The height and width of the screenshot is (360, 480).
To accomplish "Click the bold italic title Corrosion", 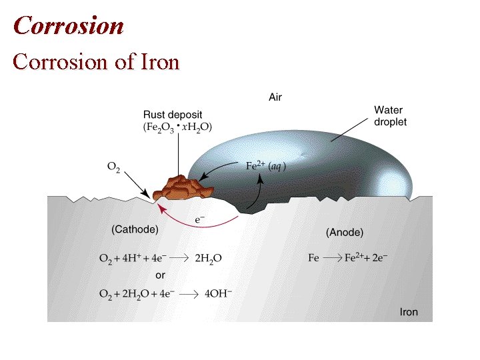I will coord(69,25).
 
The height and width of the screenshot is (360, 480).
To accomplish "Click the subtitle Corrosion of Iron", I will coord(97,61).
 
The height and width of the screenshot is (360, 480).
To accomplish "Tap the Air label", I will coord(275,97).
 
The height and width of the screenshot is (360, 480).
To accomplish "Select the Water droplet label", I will coord(390,116).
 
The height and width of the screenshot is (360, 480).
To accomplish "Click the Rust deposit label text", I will coord(173,115).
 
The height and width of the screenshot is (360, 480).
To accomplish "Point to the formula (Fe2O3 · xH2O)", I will coord(178,127).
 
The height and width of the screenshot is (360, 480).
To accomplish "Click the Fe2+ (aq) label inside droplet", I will coord(266,166).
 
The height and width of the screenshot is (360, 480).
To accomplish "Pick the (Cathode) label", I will coord(135,229).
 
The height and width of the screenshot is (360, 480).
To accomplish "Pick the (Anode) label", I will coord(345,232).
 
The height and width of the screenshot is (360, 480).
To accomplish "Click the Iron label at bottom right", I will coord(409,311).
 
